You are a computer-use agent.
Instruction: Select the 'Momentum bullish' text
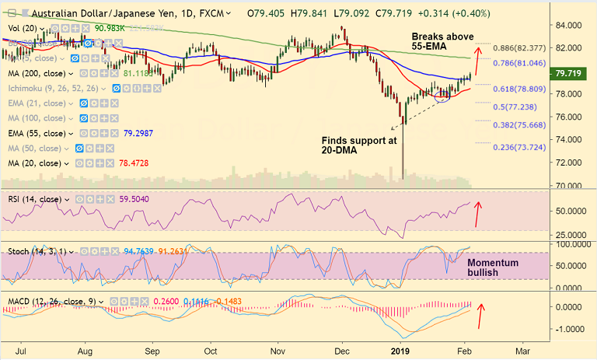(x=493, y=269)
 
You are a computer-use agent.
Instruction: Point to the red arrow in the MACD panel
(x=482, y=314)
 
